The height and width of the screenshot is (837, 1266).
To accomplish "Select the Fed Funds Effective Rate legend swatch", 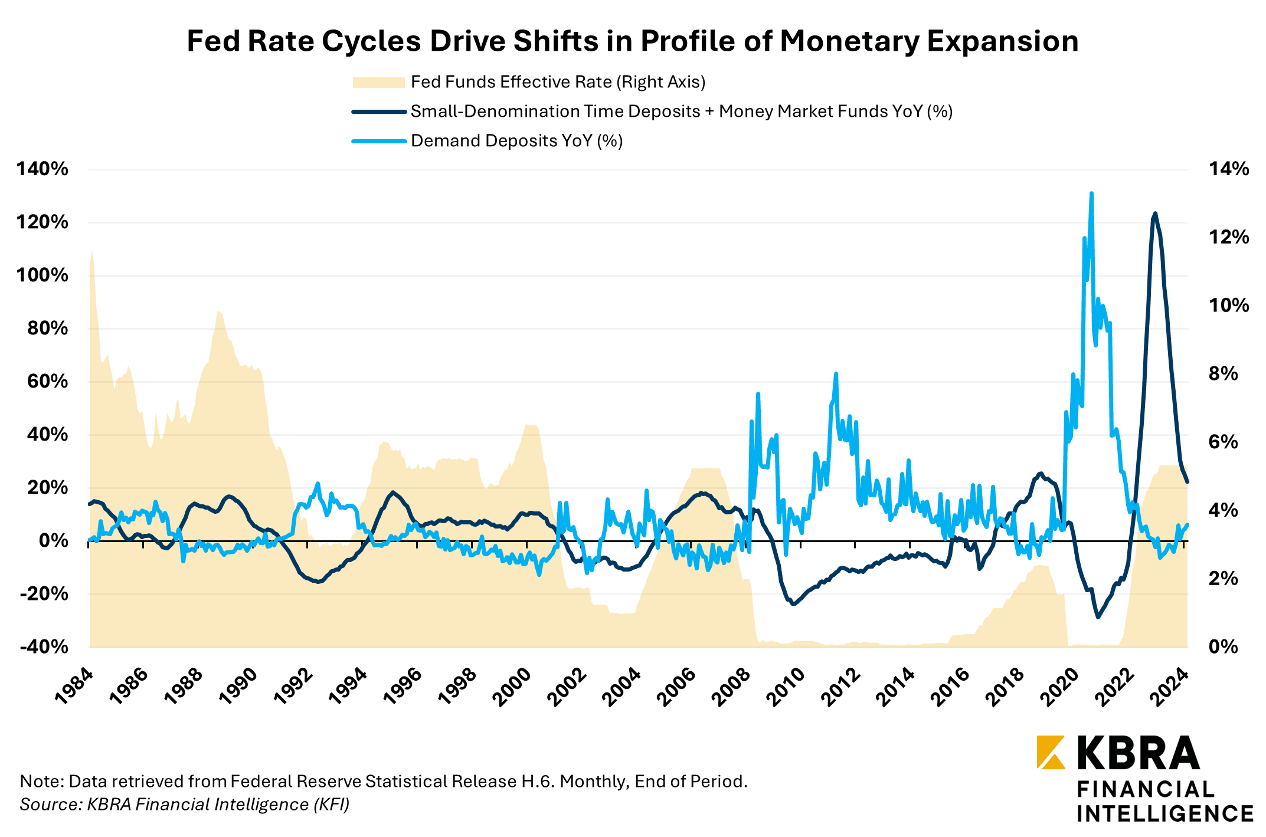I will tap(378, 83).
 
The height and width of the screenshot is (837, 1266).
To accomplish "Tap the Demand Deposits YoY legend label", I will tap(516, 141).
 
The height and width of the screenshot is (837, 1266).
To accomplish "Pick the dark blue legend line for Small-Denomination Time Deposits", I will tap(378, 111).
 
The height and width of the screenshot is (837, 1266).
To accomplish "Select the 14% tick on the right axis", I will tap(1229, 169).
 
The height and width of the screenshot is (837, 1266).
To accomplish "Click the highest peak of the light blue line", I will tap(1091, 193).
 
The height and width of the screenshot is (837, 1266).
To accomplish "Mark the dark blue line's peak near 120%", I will tap(1155, 214).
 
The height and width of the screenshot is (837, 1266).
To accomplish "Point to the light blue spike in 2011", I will tap(836, 374).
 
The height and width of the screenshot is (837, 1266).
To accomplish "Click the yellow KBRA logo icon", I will tap(1051, 752).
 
